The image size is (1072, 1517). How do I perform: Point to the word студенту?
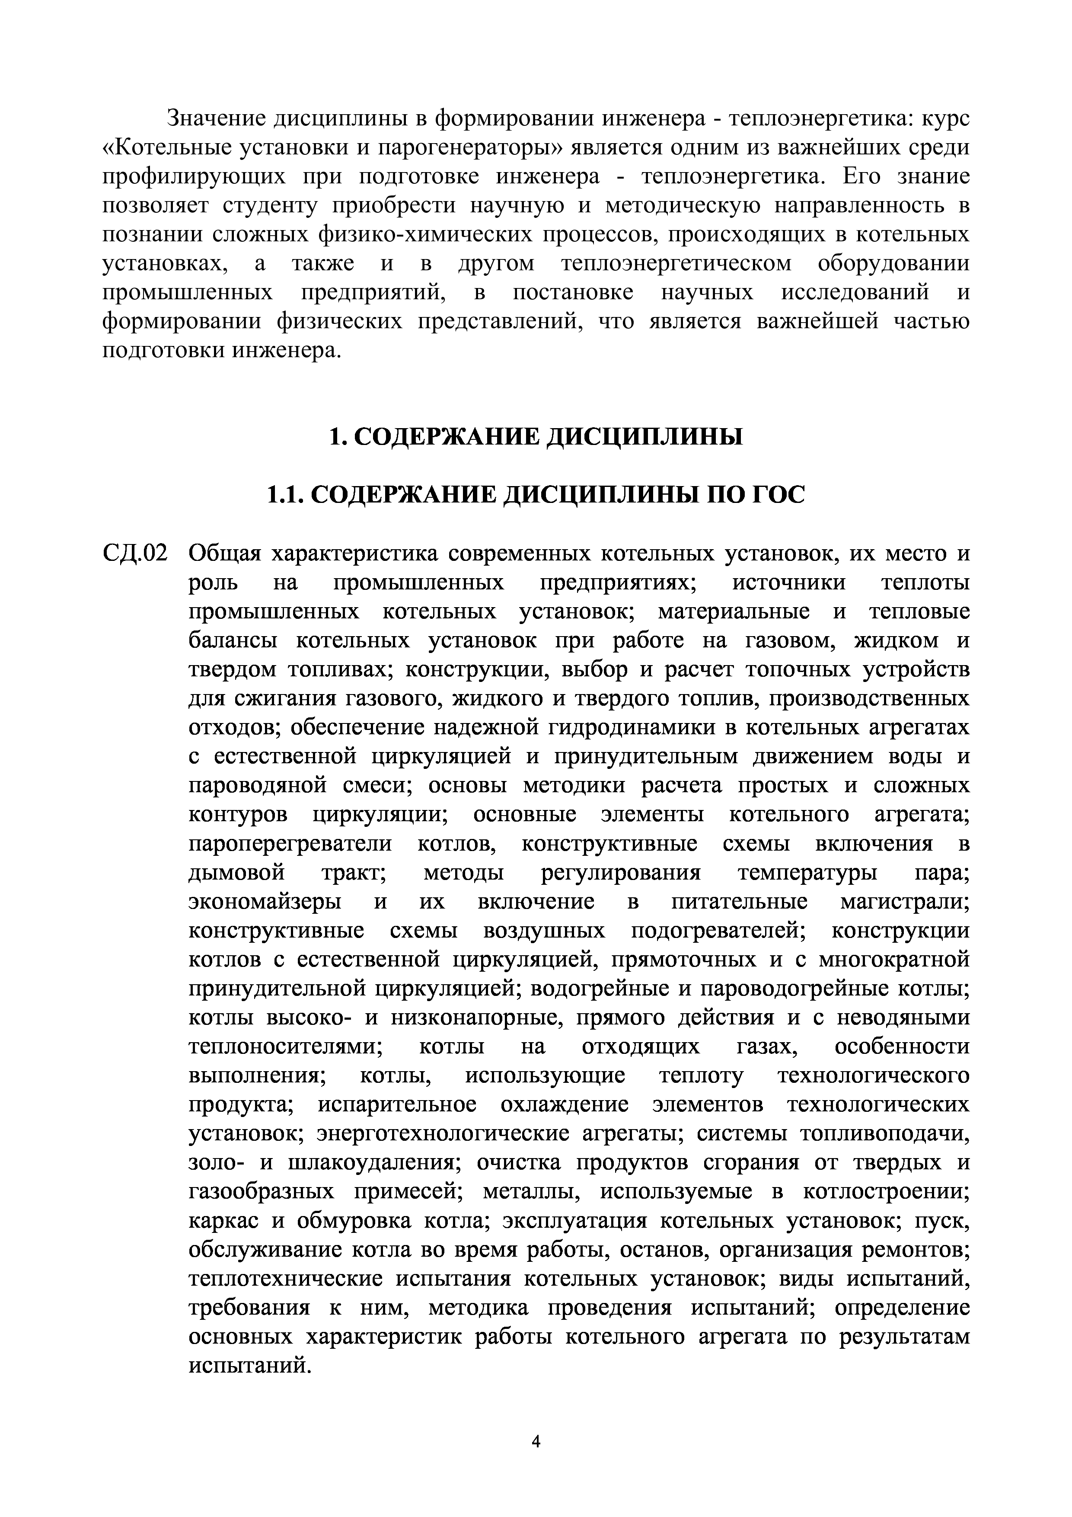(x=269, y=205)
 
